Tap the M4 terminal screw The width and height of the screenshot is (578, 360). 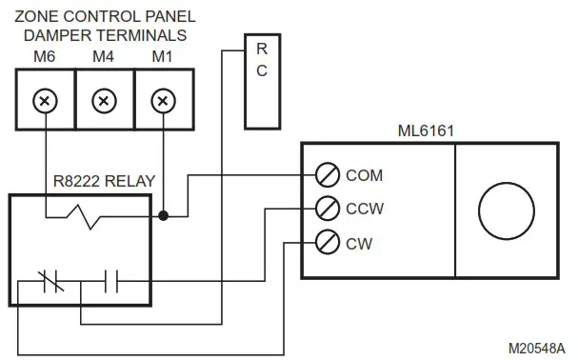(105, 100)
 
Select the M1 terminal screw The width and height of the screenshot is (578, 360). (164, 100)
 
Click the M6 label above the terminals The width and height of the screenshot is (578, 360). (45, 56)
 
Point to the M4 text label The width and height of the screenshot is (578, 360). (105, 56)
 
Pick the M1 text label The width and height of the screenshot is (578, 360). (163, 56)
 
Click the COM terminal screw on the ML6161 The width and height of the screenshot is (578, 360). (327, 175)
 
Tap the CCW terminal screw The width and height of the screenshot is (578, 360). (327, 208)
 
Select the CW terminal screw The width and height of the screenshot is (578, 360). (327, 243)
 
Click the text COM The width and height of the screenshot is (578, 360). (363, 175)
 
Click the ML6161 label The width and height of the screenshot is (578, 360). (426, 129)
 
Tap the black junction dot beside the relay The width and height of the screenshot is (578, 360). (164, 216)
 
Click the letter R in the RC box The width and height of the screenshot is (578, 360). (262, 50)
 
